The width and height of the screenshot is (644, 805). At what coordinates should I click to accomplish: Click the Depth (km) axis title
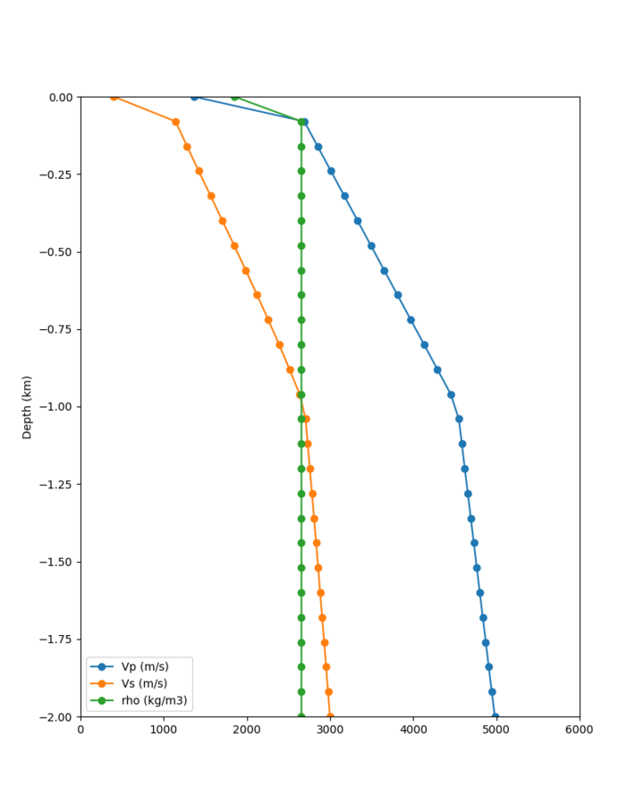27,407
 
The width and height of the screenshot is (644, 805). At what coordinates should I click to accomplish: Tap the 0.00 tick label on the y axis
61,97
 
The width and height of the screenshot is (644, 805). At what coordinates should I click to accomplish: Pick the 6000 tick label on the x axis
580,730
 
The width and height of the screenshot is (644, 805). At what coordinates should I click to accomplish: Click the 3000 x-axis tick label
330,730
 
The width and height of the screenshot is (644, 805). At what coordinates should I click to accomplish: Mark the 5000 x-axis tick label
496,730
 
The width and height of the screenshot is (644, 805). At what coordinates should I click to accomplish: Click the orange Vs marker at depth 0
114,97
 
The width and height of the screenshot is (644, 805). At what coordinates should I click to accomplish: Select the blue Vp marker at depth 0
194,97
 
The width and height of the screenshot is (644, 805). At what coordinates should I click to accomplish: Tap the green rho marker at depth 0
234,97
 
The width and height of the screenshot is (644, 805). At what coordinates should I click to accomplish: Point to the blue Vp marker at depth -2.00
496,716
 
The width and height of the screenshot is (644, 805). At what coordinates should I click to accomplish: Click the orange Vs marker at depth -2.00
330,716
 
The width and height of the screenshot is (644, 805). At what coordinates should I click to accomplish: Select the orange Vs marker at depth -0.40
223,221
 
